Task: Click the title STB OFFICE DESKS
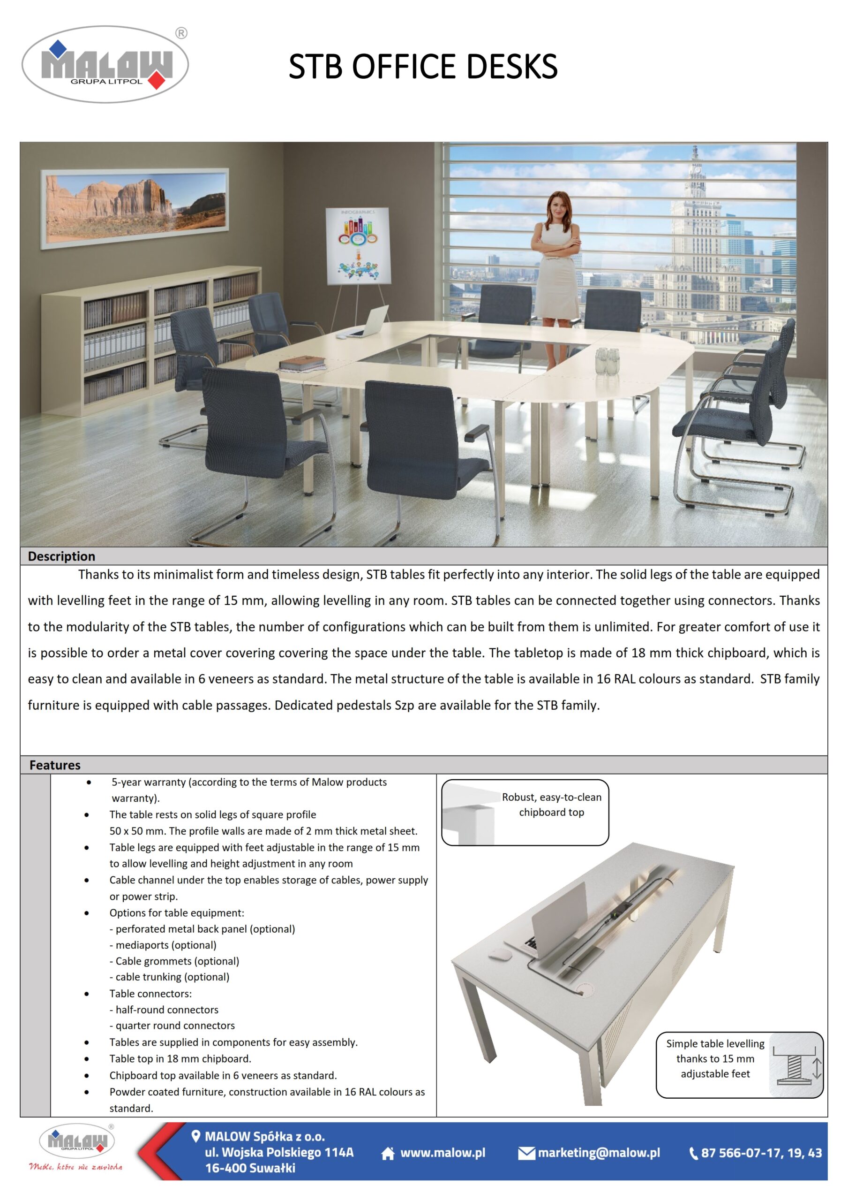[423, 67]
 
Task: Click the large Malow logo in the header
[105, 64]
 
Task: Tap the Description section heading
[62, 556]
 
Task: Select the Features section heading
[55, 765]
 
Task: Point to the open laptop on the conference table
[372, 322]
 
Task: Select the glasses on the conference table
[607, 361]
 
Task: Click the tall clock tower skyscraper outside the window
[696, 230]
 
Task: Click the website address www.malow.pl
[443, 1153]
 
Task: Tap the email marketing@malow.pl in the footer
[599, 1153]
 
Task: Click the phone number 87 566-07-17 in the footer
[761, 1153]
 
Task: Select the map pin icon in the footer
[196, 1136]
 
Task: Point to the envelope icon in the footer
[526, 1154]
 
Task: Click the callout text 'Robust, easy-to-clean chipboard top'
[552, 805]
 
